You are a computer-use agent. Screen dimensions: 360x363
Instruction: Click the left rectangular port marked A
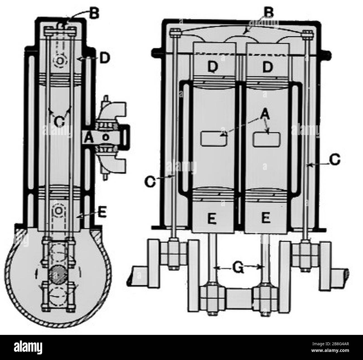214,138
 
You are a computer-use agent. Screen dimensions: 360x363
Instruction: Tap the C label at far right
334,159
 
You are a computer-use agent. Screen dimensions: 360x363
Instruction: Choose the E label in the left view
102,213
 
